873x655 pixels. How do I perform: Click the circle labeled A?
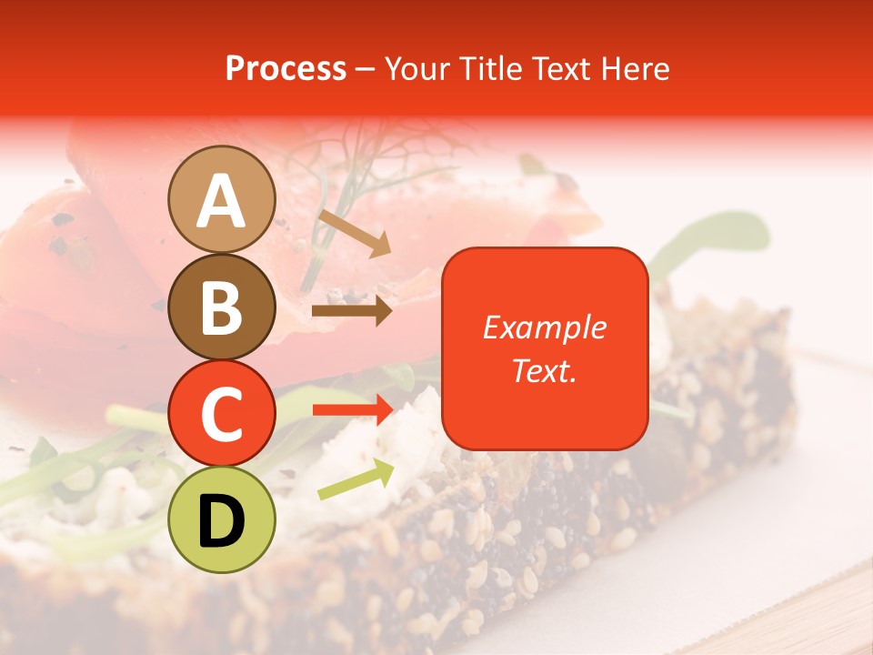[x=222, y=199]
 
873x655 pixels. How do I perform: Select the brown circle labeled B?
[x=222, y=307]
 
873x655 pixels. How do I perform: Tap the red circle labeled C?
[x=222, y=413]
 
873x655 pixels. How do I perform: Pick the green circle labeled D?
[x=222, y=519]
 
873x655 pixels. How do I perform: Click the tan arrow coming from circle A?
[x=355, y=233]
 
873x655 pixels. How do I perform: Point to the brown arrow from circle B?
[x=351, y=311]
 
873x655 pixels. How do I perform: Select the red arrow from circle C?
[x=352, y=410]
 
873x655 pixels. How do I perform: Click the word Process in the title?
[x=286, y=68]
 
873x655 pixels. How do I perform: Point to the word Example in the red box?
[x=544, y=327]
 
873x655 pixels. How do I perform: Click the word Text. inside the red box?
[x=544, y=370]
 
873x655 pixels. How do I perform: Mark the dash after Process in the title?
[x=366, y=69]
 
